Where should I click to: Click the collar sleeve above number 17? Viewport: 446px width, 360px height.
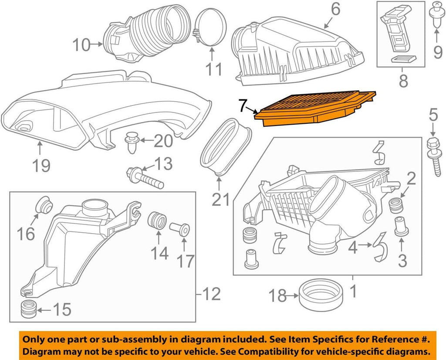181,229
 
